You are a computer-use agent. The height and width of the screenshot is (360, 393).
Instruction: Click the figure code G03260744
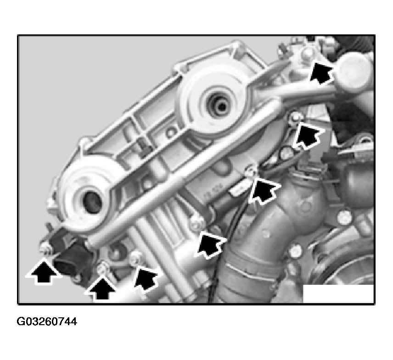tap(47, 321)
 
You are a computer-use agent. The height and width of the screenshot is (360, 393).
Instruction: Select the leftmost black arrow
tap(44, 272)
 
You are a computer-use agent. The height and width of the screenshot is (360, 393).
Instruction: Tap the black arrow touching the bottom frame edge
tap(101, 288)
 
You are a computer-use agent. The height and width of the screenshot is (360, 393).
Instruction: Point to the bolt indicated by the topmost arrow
tap(308, 54)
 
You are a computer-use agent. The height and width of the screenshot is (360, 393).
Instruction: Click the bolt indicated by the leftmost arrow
tap(45, 247)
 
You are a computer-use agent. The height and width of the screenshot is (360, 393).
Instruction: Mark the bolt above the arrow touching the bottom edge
tap(102, 268)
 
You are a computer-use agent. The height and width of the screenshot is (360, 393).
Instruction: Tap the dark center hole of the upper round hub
tap(220, 106)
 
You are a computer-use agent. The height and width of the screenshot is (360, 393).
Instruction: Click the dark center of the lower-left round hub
tap(92, 202)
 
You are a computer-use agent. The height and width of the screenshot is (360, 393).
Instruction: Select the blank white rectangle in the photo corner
tap(338, 294)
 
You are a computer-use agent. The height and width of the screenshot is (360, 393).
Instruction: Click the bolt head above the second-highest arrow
tap(296, 118)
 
